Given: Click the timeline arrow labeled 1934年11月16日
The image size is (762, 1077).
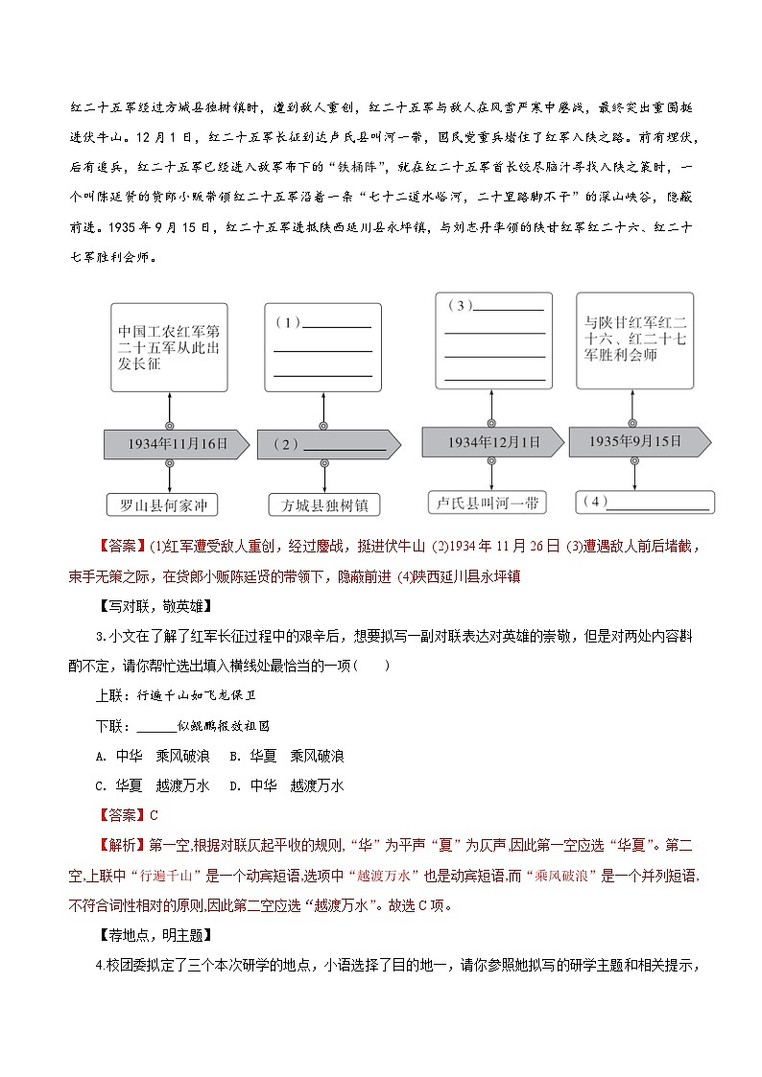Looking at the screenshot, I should coord(177,444).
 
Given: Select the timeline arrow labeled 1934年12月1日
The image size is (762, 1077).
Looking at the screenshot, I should coord(492,442).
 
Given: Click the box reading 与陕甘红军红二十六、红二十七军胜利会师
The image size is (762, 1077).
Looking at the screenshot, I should coord(634,340).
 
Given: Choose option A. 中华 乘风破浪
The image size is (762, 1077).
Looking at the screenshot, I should coord(149,756).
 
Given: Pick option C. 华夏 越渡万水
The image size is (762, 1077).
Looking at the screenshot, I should coord(149,785).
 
